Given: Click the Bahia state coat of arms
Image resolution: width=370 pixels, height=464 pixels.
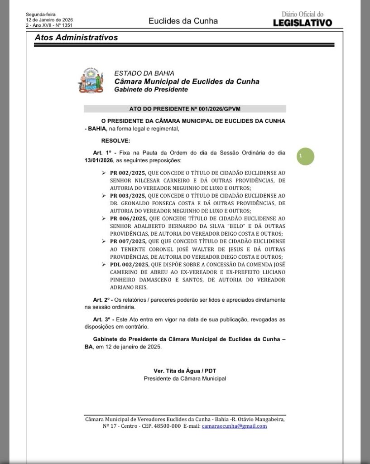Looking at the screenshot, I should coord(91,81).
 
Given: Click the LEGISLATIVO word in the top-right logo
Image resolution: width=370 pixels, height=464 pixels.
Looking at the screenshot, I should coord(303,23).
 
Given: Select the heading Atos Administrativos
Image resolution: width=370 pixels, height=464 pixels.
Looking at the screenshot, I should coord(76,38).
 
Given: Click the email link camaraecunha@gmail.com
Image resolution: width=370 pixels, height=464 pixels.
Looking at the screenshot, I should coord(234,426).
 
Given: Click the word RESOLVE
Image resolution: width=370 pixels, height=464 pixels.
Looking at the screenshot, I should coord(115,141).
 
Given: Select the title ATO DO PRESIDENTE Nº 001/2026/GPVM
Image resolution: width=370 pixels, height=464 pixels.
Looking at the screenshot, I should coord(185,109).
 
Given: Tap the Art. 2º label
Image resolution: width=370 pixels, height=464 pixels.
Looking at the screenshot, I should coord(103,300).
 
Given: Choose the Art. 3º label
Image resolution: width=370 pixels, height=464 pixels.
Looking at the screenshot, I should coord(103,320).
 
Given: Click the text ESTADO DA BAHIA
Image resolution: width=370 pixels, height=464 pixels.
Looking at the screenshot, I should coord(144,73).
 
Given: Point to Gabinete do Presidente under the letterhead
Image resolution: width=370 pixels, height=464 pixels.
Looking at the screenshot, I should coord(151,90).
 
